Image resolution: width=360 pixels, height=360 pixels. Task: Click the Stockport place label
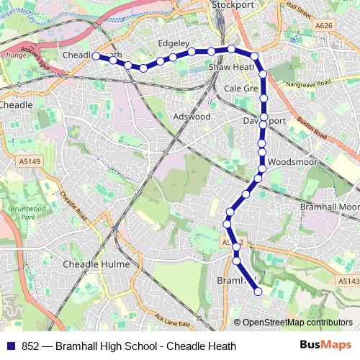click(x=233, y=5)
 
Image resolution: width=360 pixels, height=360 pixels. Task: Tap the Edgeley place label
click(x=173, y=42)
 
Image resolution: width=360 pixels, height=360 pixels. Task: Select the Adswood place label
click(x=192, y=116)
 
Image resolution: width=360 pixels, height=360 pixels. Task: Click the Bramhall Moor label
click(x=328, y=207)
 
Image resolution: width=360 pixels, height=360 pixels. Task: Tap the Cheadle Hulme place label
click(x=96, y=265)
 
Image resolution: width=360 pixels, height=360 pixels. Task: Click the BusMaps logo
click(x=325, y=346)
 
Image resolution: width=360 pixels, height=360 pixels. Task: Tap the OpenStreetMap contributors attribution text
click(x=297, y=323)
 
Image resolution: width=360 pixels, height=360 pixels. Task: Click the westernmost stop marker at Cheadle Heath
click(x=96, y=55)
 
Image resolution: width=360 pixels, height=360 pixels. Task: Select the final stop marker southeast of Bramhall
click(x=258, y=291)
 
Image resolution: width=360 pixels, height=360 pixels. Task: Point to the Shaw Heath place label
click(x=230, y=67)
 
